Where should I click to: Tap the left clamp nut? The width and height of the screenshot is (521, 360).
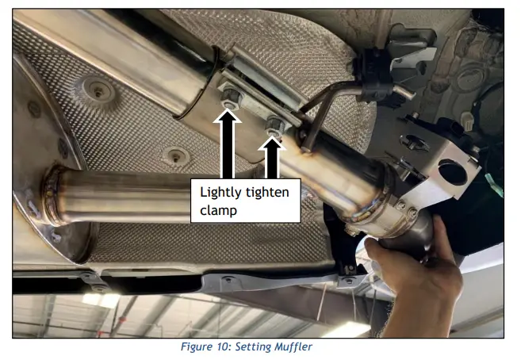[x=231, y=101]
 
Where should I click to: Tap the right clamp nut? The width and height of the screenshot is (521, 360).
[x=274, y=123]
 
